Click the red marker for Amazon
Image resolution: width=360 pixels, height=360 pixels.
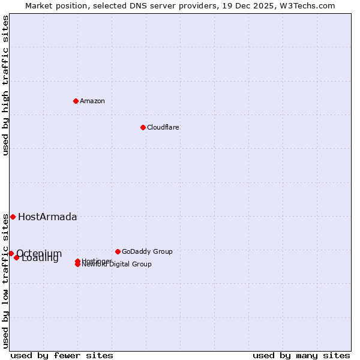[x=76, y=101]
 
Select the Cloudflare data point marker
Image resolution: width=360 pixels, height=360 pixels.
[x=143, y=127]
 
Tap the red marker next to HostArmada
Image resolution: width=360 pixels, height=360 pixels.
[x=13, y=217]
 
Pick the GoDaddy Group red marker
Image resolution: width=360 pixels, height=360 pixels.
[x=118, y=251]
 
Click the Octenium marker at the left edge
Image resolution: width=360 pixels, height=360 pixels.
[x=11, y=253]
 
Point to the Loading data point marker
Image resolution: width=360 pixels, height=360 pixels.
[x=17, y=257]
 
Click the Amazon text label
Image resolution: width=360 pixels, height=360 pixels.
[x=92, y=101]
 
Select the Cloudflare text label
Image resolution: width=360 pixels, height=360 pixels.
[x=163, y=127]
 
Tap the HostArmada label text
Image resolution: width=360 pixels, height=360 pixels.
[x=47, y=217]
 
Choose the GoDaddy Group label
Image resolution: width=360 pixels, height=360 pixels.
[x=147, y=251]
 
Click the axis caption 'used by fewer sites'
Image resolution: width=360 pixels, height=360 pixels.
[x=62, y=355]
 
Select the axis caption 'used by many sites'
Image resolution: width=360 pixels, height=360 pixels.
[x=301, y=355]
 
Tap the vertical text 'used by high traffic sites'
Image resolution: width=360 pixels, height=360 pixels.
[x=5, y=85]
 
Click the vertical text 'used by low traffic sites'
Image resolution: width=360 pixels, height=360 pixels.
[x=5, y=280]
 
